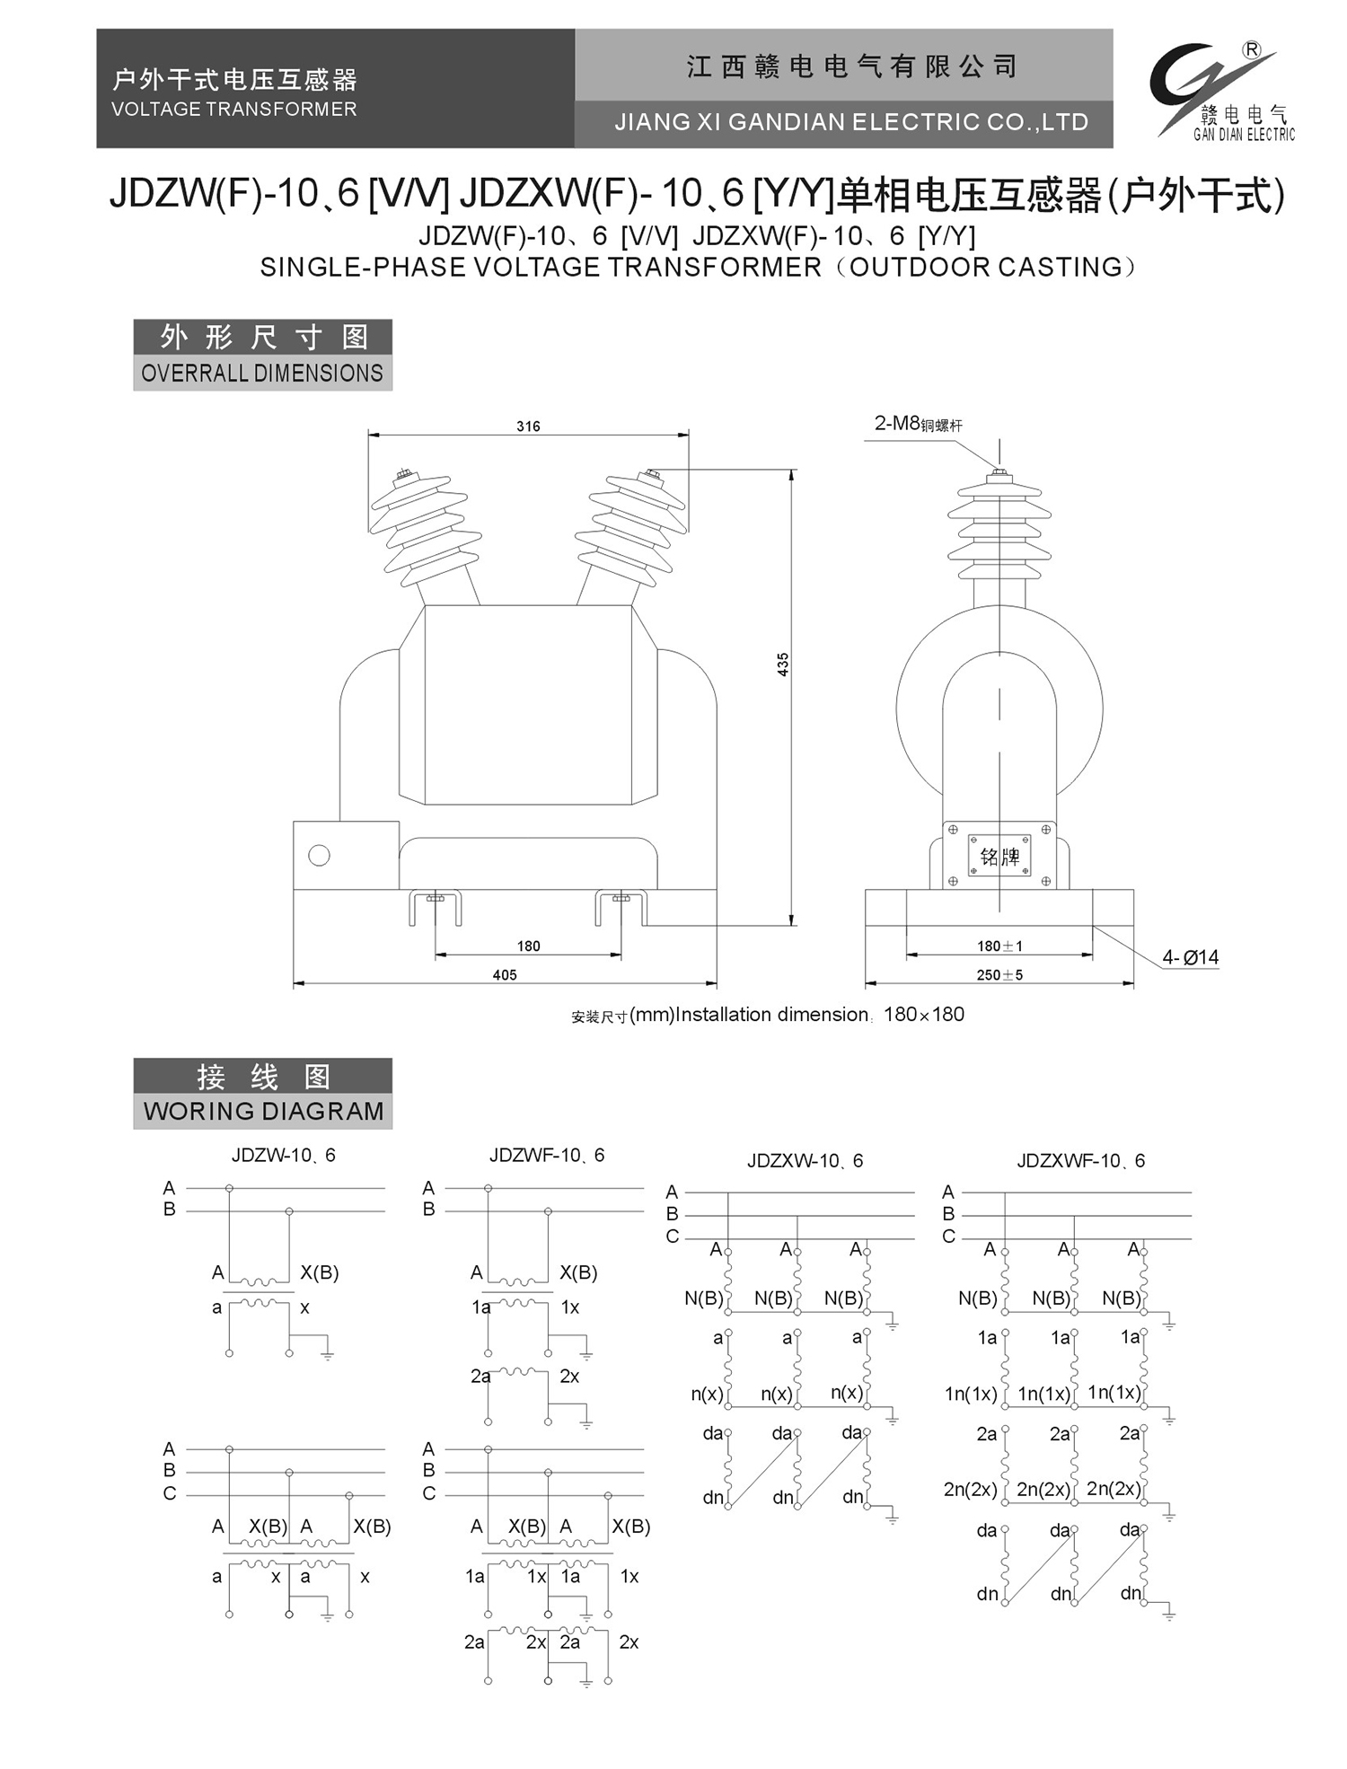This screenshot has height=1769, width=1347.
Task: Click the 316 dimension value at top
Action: (528, 426)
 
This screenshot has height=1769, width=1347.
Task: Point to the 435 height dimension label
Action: (782, 664)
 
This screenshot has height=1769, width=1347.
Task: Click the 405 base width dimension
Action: (505, 974)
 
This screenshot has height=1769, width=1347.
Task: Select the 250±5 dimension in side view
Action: (999, 974)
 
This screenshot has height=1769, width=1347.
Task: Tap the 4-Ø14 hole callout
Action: (1190, 957)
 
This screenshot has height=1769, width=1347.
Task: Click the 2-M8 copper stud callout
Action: (918, 424)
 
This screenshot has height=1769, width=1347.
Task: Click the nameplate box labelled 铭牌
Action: (999, 856)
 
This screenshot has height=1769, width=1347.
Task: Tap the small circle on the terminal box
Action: (319, 855)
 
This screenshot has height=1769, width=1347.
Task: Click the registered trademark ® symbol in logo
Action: (1251, 50)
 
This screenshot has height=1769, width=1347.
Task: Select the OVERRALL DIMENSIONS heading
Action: (262, 373)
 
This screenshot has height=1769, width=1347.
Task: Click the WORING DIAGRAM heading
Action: (263, 1111)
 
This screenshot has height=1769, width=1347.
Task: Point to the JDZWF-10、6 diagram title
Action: (547, 1155)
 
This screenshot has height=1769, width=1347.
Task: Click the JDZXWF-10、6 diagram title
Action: (1080, 1160)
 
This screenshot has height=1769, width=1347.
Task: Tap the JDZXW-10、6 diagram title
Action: (805, 1160)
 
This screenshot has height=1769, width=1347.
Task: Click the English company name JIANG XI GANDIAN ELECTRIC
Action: (850, 122)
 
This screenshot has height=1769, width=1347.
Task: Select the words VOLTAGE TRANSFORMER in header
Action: (233, 109)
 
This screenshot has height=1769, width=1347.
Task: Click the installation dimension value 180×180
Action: (923, 1015)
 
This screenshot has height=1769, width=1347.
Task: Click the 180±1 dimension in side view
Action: (999, 946)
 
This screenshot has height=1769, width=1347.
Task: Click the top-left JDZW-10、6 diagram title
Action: (283, 1155)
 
